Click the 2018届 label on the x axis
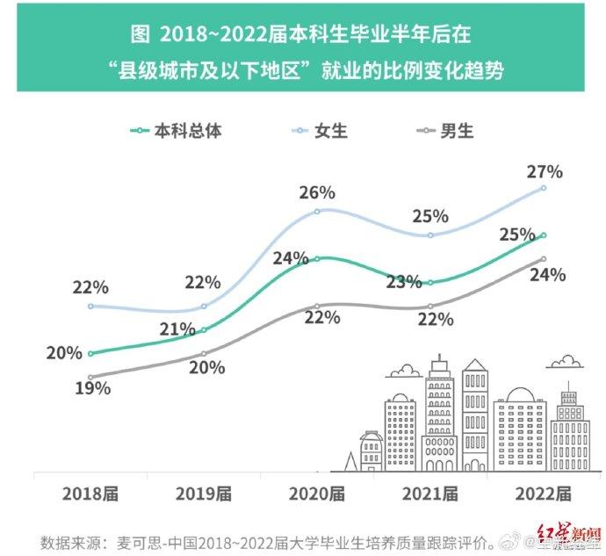click(90, 494)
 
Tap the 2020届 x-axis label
click(317, 494)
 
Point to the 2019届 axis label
click(204, 494)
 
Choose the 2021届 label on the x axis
click(430, 494)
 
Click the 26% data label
click(317, 191)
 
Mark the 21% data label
click(177, 329)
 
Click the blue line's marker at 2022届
click(544, 188)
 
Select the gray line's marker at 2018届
click(91, 378)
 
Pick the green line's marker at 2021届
click(430, 283)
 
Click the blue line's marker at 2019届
click(204, 307)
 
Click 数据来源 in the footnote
click(71, 540)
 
